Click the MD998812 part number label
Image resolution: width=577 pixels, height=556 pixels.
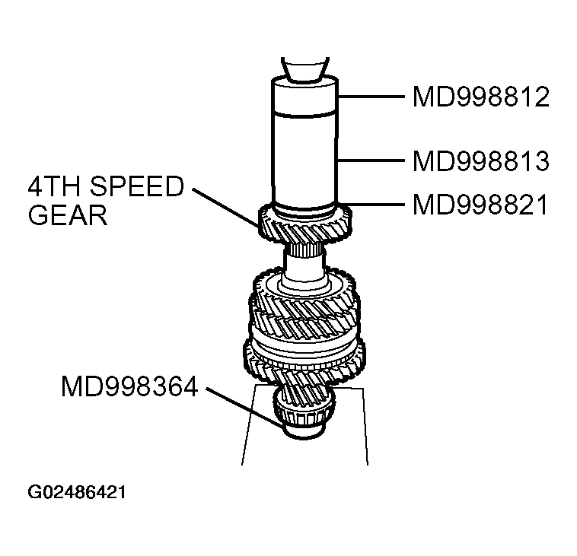click(x=480, y=97)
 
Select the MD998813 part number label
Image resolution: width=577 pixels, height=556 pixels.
click(x=480, y=160)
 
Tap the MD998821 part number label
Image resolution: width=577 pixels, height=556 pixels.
click(x=480, y=205)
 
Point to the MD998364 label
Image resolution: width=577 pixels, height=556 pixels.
click(x=129, y=387)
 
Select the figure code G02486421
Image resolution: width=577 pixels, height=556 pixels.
click(x=77, y=492)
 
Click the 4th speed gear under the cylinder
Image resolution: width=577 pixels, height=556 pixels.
click(x=304, y=224)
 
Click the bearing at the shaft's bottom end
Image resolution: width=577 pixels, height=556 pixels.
click(x=304, y=420)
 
